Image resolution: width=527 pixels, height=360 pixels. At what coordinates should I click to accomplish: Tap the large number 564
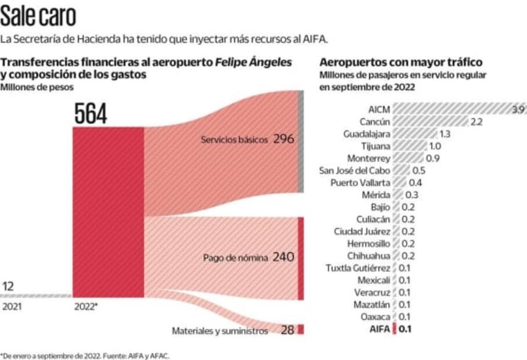pyautogui.click(x=91, y=113)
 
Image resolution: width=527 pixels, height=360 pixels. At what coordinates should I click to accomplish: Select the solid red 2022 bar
pyautogui.click(x=108, y=212)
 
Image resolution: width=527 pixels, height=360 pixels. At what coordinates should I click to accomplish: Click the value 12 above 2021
pyautogui.click(x=8, y=286)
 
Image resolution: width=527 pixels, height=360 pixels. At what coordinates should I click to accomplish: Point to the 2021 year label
pyautogui.click(x=11, y=307)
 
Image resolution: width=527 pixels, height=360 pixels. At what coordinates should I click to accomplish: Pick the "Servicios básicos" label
pyautogui.click(x=234, y=140)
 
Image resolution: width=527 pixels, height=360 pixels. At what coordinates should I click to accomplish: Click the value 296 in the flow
pyautogui.click(x=284, y=139)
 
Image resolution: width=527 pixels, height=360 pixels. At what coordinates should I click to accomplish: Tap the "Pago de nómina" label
pyautogui.click(x=235, y=257)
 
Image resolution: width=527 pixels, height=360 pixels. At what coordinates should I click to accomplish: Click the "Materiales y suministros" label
pyautogui.click(x=219, y=331)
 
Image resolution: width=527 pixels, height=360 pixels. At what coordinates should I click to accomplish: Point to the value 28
pyautogui.click(x=287, y=330)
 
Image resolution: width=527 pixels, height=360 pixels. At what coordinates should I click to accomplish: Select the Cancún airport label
pyautogui.click(x=375, y=121)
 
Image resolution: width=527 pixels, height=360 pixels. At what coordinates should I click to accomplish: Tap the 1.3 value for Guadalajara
pyautogui.click(x=445, y=134)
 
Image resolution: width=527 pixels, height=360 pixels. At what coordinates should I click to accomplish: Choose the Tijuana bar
pyautogui.click(x=409, y=146)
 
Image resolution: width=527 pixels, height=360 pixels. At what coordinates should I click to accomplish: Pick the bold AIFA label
pyautogui.click(x=380, y=329)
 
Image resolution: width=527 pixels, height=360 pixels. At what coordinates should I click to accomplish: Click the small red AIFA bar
pyautogui.click(x=395, y=329)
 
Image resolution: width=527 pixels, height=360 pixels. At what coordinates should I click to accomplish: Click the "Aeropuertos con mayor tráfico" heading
pyautogui.click(x=401, y=62)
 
